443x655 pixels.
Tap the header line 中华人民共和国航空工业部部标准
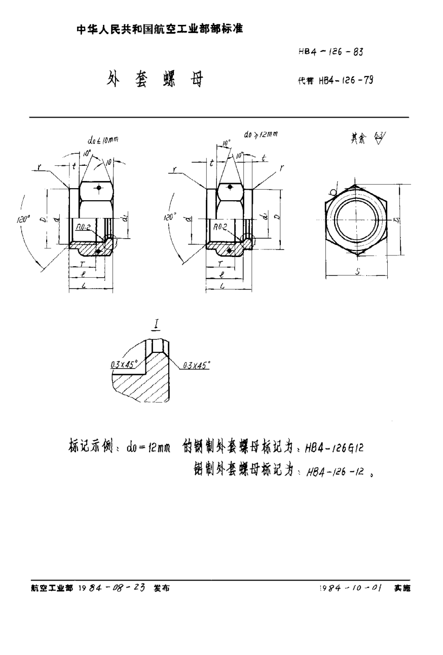160,29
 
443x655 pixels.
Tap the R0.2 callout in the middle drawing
220,229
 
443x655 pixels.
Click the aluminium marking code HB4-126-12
333,470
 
